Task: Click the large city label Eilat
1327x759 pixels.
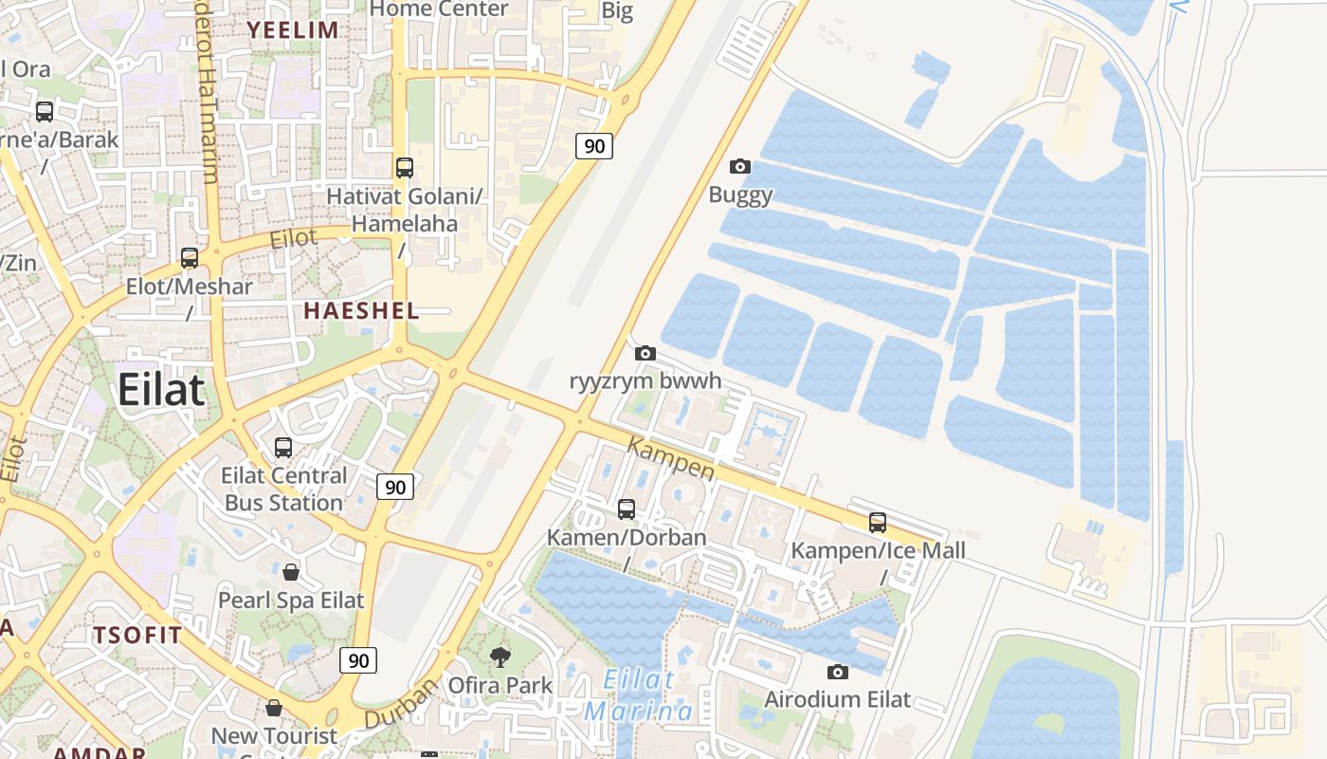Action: (x=161, y=390)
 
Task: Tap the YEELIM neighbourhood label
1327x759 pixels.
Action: (x=293, y=29)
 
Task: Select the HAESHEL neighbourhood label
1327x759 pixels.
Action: (x=361, y=310)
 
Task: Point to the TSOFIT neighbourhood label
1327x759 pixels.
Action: (x=137, y=636)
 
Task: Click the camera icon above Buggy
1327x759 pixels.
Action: (x=740, y=167)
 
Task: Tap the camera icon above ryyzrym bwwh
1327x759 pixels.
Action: (x=645, y=354)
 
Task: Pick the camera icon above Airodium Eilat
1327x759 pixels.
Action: (x=837, y=673)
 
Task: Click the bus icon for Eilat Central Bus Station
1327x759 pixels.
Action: (x=282, y=448)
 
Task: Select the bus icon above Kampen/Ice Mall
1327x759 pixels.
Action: (x=878, y=523)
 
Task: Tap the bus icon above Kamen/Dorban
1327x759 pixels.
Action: (x=626, y=509)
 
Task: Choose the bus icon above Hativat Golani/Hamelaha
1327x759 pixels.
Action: (x=405, y=168)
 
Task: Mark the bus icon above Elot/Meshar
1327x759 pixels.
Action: (x=190, y=258)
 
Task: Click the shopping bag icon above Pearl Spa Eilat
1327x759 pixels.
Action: (x=291, y=572)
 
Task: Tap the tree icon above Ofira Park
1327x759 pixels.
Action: (x=500, y=657)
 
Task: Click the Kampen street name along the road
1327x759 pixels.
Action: (x=671, y=458)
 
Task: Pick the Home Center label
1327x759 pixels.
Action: (x=439, y=9)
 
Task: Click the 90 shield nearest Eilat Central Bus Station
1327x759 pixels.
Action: (x=395, y=488)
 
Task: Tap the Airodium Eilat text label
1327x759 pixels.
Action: (x=837, y=700)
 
